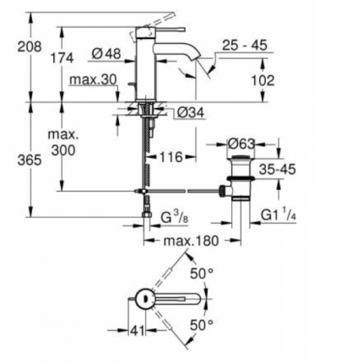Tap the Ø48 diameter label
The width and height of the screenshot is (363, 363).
pyautogui.click(x=106, y=54)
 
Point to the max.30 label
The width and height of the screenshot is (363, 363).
pyautogui.click(x=93, y=79)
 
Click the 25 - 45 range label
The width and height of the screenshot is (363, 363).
pyautogui.click(x=245, y=44)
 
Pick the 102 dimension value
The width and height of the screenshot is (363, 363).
pyautogui.click(x=263, y=82)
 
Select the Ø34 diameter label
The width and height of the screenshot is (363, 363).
pyautogui.click(x=192, y=111)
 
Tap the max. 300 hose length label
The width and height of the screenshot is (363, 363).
pyautogui.click(x=62, y=143)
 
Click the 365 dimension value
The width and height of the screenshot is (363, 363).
pyautogui.click(x=18, y=158)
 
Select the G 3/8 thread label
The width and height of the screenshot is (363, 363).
pyautogui.click(x=174, y=219)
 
